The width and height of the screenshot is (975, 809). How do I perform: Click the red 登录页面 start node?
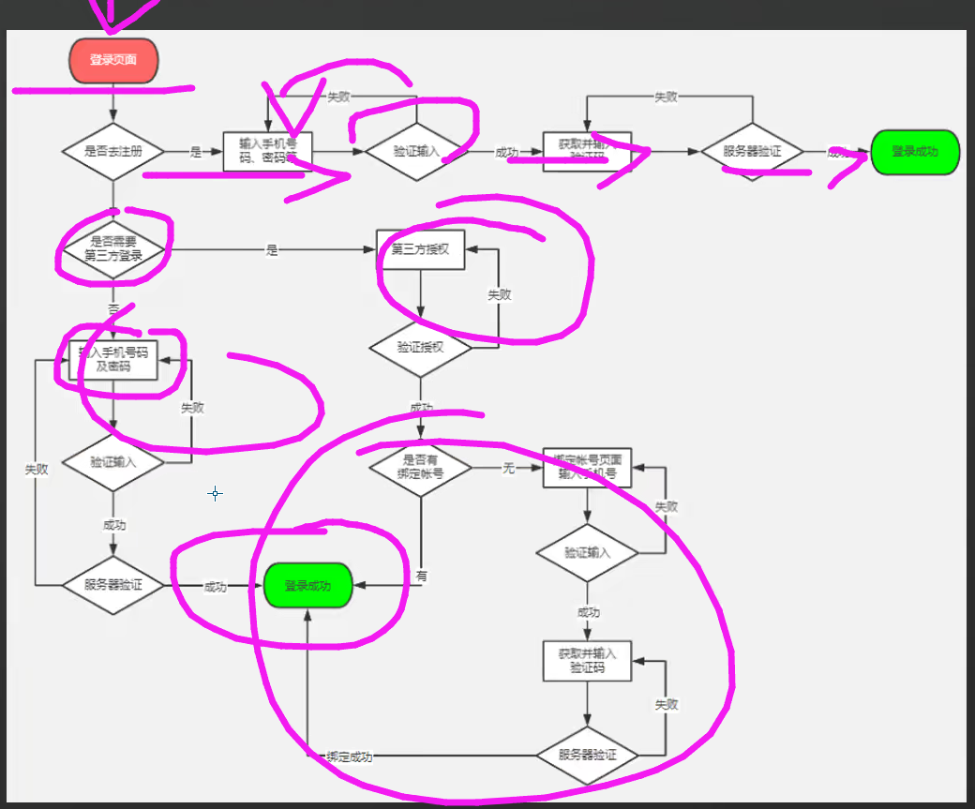pos(113,60)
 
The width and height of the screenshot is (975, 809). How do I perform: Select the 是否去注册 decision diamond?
pos(113,152)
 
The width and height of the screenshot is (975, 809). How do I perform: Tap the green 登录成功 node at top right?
pos(915,152)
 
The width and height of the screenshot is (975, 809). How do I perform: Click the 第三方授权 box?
pos(421,249)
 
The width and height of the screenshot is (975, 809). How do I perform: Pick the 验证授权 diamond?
pos(420,347)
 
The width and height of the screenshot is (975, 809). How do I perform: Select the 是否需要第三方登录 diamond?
pos(113,249)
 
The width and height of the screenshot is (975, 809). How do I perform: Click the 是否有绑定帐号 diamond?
pos(420,467)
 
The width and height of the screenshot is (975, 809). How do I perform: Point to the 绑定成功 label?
pos(349,757)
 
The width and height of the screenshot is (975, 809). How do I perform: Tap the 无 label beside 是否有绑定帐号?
pos(509,468)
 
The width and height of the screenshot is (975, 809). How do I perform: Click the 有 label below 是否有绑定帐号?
pos(421,577)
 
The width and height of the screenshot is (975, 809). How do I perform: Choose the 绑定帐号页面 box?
pos(588,467)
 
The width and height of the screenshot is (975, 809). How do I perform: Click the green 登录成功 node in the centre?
pos(307,586)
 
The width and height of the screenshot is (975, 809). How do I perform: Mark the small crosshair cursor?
pos(216,493)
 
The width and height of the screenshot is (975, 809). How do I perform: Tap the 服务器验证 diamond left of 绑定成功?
pos(588,755)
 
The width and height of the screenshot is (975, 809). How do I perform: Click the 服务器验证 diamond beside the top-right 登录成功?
pos(752,152)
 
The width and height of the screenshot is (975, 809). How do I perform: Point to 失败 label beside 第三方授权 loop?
pos(499,294)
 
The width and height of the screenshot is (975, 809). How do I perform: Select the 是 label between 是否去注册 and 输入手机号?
pos(196,152)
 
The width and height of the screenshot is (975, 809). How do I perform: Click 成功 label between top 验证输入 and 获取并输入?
pos(506,152)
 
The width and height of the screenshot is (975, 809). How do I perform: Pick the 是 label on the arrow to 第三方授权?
pos(273,250)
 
